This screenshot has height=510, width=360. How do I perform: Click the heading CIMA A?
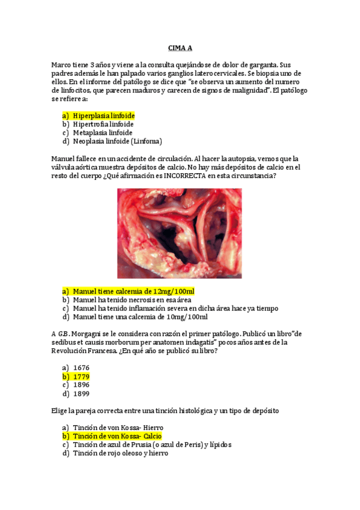click(x=180, y=48)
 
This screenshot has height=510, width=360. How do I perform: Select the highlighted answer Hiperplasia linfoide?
click(x=103, y=115)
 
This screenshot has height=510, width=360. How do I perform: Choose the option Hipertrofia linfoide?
click(x=103, y=124)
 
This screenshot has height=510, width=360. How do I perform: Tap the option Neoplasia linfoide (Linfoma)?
click(x=117, y=141)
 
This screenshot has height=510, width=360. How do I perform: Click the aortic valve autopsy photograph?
click(x=179, y=233)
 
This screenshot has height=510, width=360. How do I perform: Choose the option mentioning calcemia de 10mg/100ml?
click(x=140, y=317)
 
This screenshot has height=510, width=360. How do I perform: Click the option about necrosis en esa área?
click(x=132, y=300)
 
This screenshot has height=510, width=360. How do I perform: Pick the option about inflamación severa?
click(x=175, y=309)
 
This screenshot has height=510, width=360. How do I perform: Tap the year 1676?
click(x=81, y=367)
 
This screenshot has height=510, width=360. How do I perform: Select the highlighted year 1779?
click(x=81, y=376)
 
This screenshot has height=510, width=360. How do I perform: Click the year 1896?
click(x=81, y=385)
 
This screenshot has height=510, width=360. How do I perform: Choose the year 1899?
click(x=81, y=394)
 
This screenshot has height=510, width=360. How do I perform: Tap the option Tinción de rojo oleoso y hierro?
click(x=120, y=453)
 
